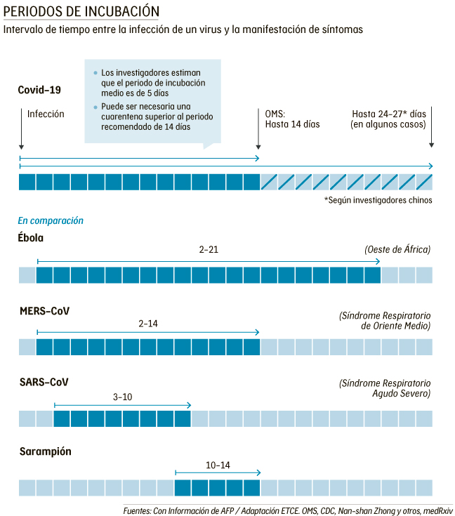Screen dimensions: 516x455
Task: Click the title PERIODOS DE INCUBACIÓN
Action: tap(81, 12)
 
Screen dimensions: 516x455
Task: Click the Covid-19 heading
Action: tap(40, 90)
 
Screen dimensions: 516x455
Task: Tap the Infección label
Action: tap(46, 114)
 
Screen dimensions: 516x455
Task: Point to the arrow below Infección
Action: tap(22, 133)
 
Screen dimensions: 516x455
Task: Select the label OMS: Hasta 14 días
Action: tap(292, 119)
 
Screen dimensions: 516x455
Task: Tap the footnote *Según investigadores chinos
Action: tap(378, 200)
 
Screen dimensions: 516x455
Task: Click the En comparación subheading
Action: tap(51, 220)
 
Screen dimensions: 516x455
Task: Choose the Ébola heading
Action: tap(31, 237)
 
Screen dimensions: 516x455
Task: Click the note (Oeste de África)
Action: tap(397, 249)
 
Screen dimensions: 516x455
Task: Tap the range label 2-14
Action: tap(148, 324)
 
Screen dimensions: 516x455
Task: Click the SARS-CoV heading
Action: tap(44, 382)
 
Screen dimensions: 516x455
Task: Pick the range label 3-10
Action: tap(122, 397)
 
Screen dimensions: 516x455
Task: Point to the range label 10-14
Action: tap(218, 465)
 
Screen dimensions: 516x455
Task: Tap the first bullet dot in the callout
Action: tap(95, 72)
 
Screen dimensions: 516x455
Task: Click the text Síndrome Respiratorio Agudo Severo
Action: tap(385, 388)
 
